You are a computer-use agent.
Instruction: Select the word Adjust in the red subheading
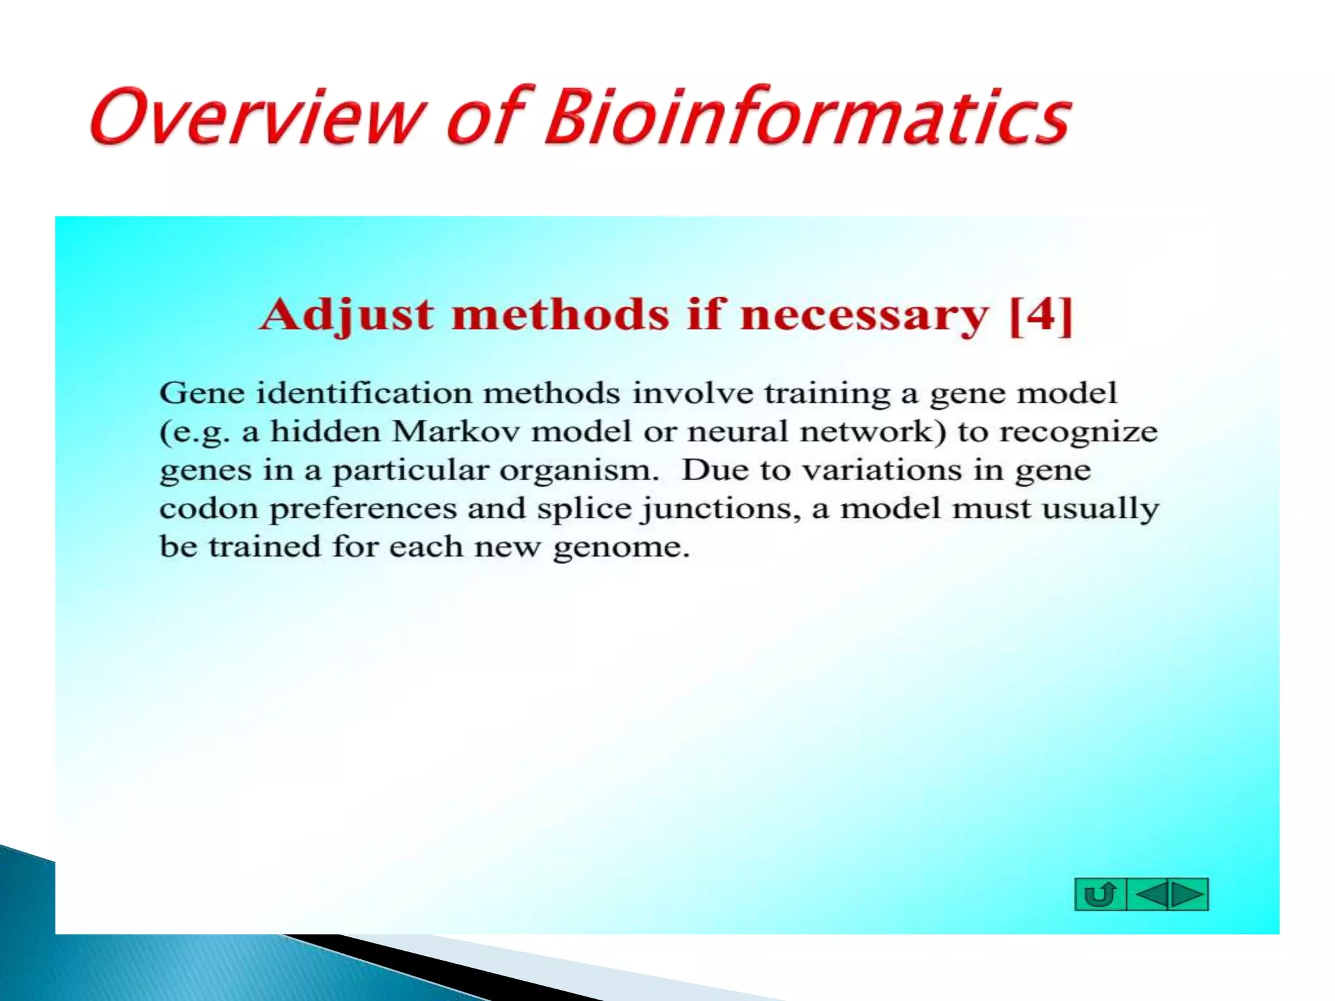tap(346, 315)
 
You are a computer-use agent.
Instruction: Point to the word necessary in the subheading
tap(864, 315)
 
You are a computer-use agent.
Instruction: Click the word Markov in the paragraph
tap(455, 432)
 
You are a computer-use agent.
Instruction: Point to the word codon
tap(209, 509)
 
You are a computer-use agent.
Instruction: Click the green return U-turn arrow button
tap(1100, 894)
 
